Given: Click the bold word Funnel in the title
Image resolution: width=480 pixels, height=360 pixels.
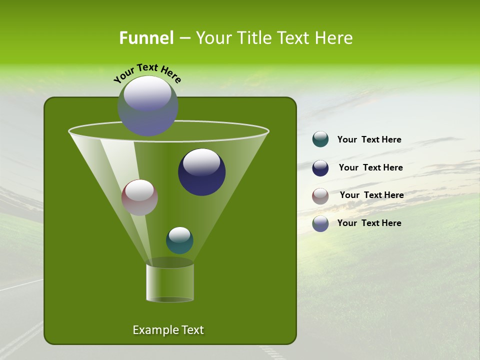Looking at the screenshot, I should [146, 38].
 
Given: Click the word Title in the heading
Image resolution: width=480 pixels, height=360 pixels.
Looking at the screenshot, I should [254, 38].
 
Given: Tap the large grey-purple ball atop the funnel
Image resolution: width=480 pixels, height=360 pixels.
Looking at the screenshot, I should [147, 105].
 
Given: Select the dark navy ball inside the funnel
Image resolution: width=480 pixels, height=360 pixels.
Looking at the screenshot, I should [201, 172].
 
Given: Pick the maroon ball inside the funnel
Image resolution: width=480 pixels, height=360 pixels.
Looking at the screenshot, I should [139, 197].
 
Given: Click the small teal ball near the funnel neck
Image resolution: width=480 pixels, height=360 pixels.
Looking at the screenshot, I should [179, 240].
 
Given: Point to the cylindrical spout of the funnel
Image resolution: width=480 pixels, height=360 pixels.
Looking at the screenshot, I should [170, 282].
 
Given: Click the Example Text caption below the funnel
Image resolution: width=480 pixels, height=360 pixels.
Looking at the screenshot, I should [168, 330].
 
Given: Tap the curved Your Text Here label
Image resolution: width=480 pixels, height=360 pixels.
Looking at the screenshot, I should [147, 73].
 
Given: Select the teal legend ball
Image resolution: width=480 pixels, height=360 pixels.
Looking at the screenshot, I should [320, 139].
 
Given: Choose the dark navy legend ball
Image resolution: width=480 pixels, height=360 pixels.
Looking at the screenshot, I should [320, 168].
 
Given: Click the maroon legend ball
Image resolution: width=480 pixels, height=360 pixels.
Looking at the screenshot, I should [320, 196].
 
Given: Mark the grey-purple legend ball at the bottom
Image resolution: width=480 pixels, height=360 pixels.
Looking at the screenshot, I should [320, 223].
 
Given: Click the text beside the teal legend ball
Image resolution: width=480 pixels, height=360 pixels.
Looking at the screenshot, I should [369, 140].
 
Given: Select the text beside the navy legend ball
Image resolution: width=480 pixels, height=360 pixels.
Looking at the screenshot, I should [370, 168].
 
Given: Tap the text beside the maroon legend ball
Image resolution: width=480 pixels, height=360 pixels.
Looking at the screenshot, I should [371, 195].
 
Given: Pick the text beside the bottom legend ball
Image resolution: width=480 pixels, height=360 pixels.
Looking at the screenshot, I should [369, 223].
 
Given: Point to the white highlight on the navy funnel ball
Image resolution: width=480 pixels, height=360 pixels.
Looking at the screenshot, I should [201, 161].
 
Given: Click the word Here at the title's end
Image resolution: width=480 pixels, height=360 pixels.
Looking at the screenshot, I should [334, 38].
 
